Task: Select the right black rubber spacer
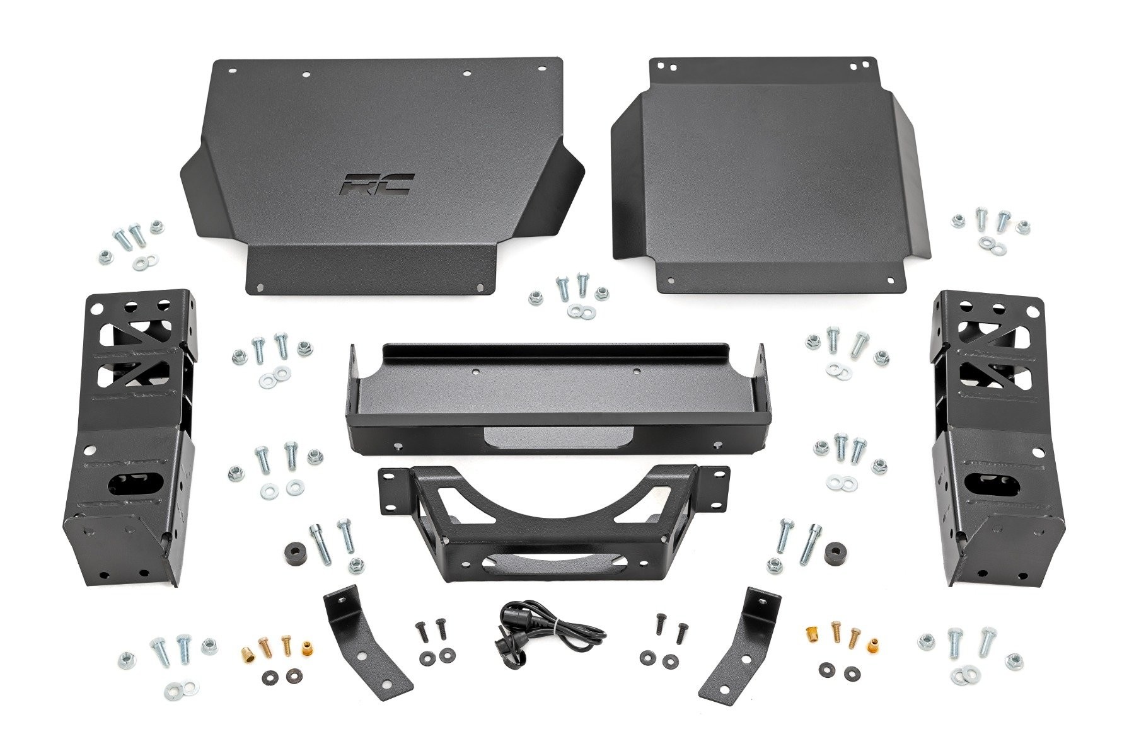point(835,552)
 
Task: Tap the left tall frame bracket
point(134,435)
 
